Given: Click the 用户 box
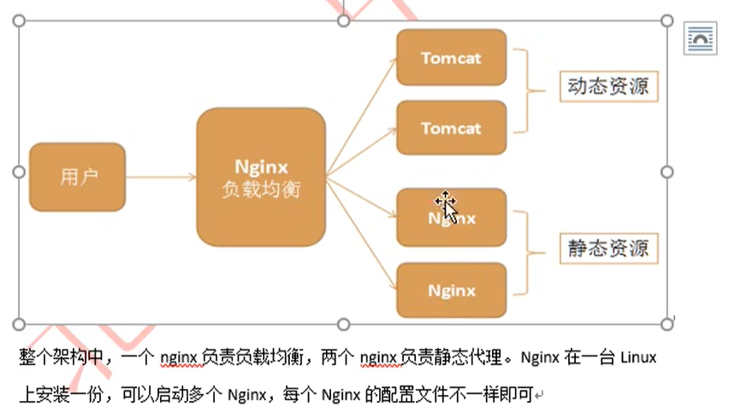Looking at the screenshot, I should coord(77,177).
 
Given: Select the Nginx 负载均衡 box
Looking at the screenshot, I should coord(261,177).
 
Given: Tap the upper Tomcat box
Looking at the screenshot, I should coord(451,58).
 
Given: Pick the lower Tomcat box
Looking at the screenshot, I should coord(451,128).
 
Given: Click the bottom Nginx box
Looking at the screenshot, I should coord(451,290).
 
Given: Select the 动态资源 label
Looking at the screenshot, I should coord(608,86).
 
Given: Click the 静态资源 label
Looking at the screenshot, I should coord(608,249).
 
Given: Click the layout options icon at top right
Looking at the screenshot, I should coord(700,39).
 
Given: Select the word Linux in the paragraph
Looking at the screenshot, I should coord(637,357).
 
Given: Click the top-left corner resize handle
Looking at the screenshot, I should coord(19,20).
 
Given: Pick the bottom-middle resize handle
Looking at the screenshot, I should coord(343,324).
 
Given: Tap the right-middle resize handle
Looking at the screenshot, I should coord(667,172).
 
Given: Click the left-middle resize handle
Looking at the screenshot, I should coord(19,172).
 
